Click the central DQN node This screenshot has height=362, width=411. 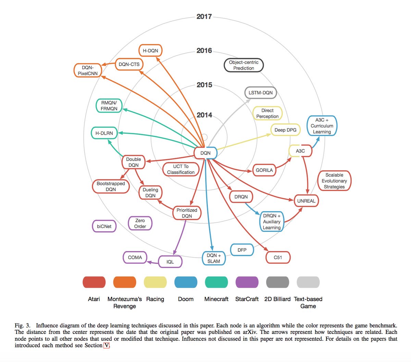tap(206, 153)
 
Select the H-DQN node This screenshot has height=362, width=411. tap(150, 50)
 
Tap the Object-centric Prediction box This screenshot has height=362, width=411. tap(244, 65)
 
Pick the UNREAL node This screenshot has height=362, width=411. tap(306, 201)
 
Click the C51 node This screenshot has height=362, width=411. tap(278, 257)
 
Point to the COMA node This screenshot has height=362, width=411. tap(135, 257)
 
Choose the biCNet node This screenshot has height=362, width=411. tap(104, 226)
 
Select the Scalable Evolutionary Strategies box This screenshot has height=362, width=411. tap(334, 180)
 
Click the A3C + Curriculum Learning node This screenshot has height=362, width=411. tap(322, 126)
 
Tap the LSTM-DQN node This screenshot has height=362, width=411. tap(260, 92)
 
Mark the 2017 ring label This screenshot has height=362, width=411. tap(204, 16)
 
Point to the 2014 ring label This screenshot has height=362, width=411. tap(204, 115)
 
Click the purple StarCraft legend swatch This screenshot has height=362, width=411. tap(247, 282)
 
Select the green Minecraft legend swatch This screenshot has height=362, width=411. tap(216, 282)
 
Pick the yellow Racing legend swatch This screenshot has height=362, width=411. tap(155, 282)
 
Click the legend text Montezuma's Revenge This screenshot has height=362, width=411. tap(125, 302)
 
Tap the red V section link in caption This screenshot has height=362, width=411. tap(106, 345)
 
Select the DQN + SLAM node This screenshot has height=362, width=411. tap(214, 258)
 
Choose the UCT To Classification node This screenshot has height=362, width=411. tap(181, 169)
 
